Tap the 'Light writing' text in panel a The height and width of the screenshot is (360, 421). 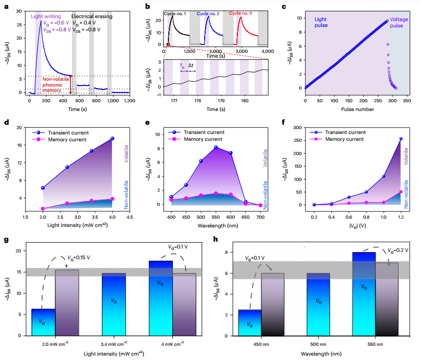pos(46,16)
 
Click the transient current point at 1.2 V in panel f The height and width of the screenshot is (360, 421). pos(401,138)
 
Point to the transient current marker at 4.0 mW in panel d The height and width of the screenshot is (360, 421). pos(112,138)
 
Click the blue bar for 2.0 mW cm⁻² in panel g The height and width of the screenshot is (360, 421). pos(43,322)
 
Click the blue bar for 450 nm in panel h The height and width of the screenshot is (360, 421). pos(250,323)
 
